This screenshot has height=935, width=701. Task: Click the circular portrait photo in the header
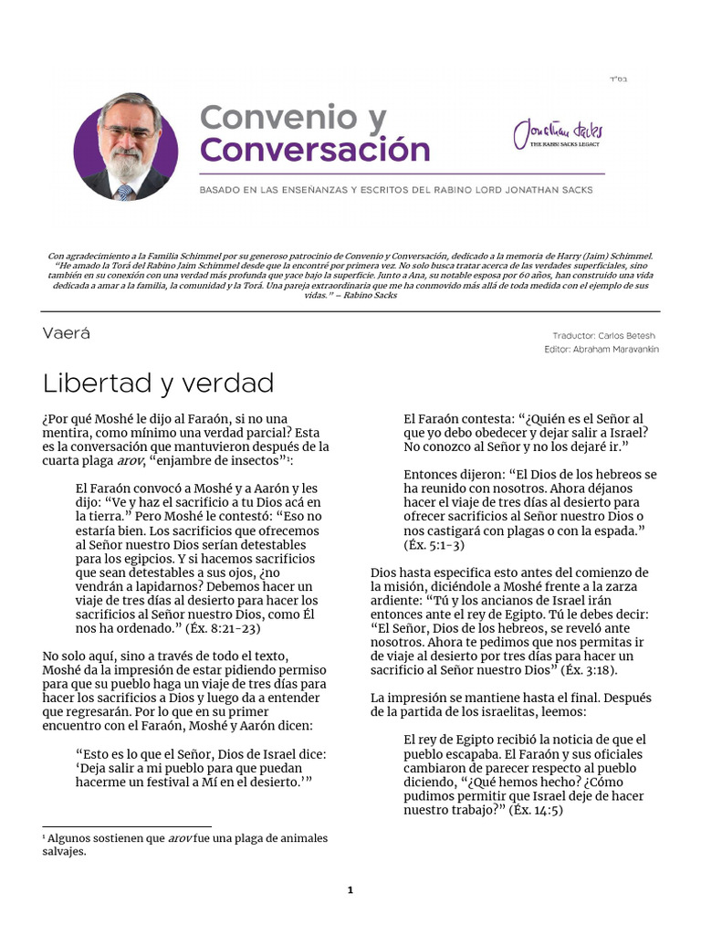127,145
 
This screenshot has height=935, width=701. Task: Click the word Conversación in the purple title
314,150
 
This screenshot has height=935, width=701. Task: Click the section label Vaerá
66,333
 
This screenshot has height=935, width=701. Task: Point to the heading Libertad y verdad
158,382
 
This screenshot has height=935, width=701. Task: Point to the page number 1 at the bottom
350,890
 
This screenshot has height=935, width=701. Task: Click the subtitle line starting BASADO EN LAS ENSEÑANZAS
396,190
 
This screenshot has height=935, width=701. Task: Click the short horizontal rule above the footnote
126,827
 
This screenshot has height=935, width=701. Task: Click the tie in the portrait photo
123,191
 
